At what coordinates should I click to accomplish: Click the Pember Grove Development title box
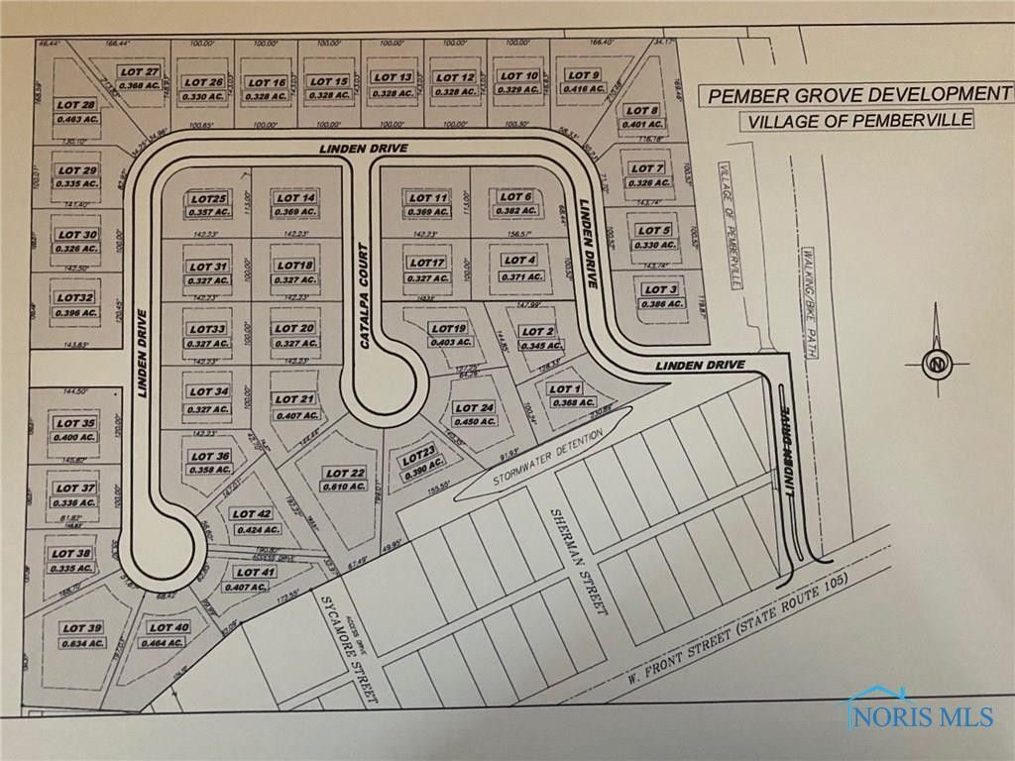point(853,96)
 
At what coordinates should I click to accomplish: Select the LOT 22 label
point(345,474)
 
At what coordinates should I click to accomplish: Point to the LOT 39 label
point(82,627)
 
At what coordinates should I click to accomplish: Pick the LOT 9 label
point(583,76)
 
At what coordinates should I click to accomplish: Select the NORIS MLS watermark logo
point(919,709)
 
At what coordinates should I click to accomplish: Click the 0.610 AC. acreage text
point(345,487)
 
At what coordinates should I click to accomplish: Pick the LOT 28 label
point(75,105)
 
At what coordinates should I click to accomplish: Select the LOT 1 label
point(562,388)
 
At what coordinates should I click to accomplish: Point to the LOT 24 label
point(473,408)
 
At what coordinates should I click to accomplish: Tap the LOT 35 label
point(75,424)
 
